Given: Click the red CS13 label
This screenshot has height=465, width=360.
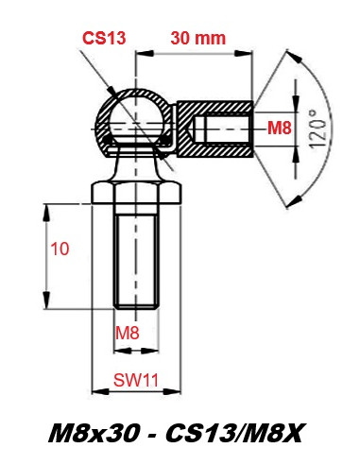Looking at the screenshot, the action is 104,38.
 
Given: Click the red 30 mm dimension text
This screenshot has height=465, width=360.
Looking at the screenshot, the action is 198,38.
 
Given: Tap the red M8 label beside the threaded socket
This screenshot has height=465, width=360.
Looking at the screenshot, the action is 279,129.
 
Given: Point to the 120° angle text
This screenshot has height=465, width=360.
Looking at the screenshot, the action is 317,129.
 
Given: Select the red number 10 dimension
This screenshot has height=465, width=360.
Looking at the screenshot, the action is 60,249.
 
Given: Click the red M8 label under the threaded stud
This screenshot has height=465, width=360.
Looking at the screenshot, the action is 127,333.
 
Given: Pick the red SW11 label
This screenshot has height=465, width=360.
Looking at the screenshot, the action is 136,380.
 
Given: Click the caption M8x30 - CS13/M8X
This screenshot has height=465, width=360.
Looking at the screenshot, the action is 176,434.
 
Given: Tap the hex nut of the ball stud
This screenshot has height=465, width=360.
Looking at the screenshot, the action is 136,193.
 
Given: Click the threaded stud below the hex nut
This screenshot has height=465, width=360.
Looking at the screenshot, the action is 136,257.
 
